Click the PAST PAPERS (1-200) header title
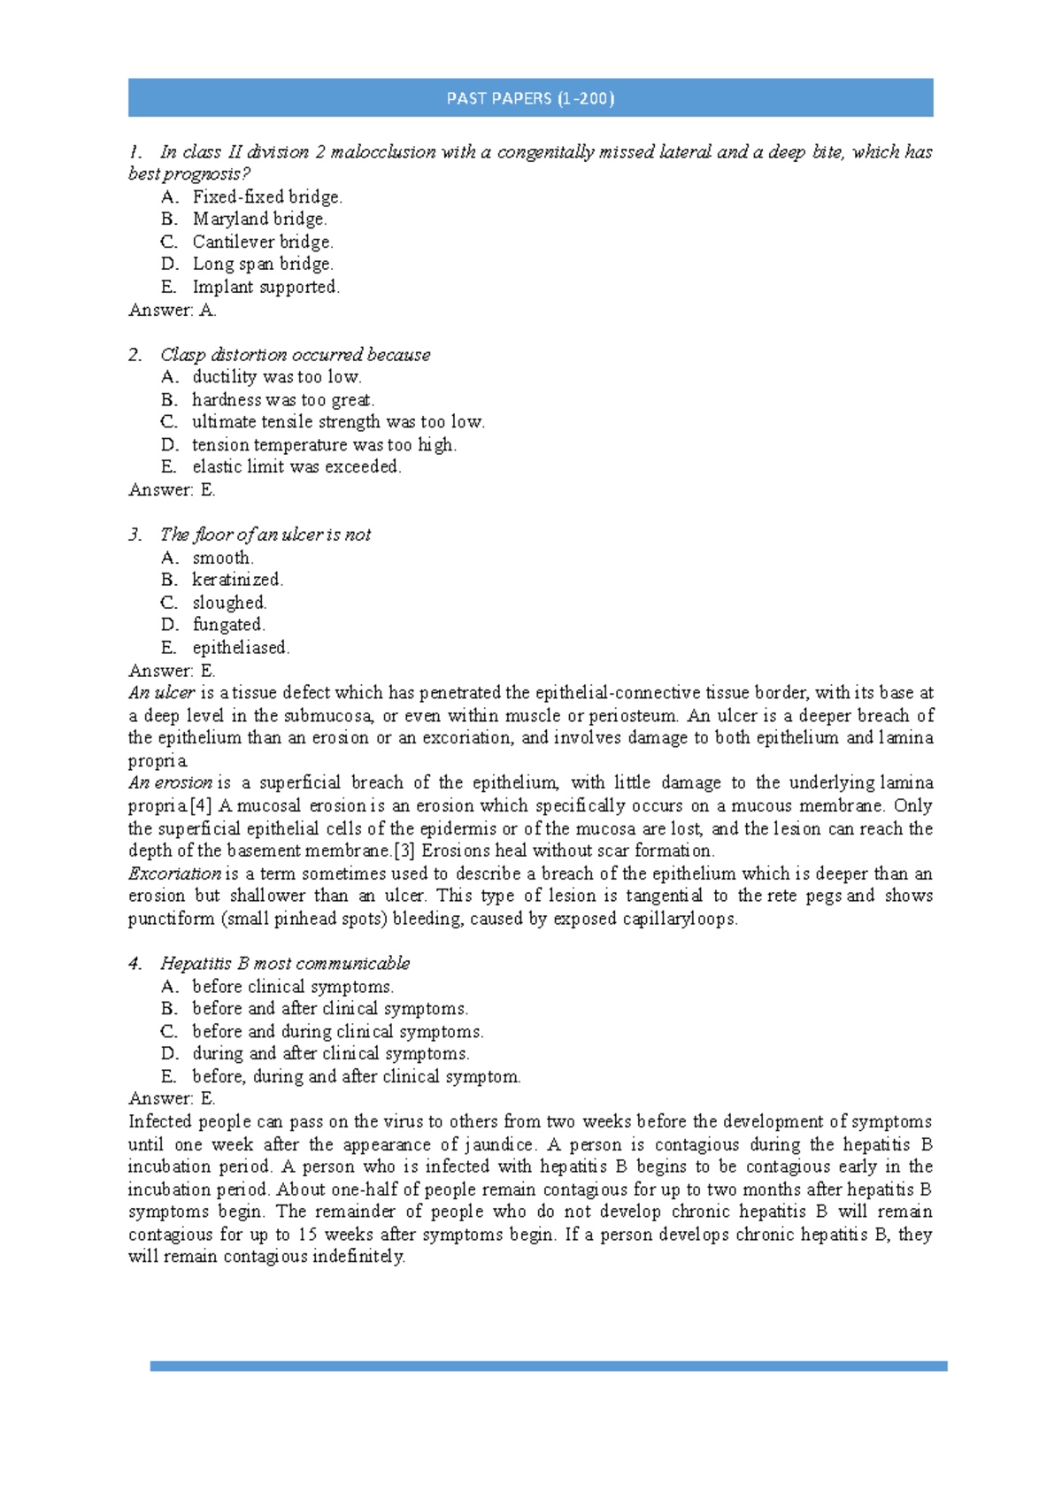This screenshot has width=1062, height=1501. tap(530, 98)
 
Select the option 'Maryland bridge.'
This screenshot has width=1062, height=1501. tap(259, 219)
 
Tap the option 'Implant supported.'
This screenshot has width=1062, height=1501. tap(265, 287)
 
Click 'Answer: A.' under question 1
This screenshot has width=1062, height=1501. tap(173, 310)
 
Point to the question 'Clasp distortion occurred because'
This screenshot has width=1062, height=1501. tap(295, 355)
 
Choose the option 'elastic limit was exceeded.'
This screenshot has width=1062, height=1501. tap(296, 466)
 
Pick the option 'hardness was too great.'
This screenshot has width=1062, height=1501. tap(283, 400)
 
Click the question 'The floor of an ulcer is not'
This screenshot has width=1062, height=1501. tap(265, 535)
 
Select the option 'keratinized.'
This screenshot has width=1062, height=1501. tap(237, 580)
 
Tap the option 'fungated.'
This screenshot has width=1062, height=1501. tap(228, 625)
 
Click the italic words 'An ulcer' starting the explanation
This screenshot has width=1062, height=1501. tap(161, 693)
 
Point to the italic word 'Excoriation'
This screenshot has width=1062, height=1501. tap(174, 874)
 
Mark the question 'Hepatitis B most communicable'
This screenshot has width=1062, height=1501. tap(284, 963)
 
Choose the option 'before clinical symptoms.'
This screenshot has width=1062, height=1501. tap(293, 986)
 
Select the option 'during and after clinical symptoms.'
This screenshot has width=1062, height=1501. tap(330, 1053)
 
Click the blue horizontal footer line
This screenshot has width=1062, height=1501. tap(549, 1366)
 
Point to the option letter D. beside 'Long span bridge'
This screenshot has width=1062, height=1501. tap(170, 264)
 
